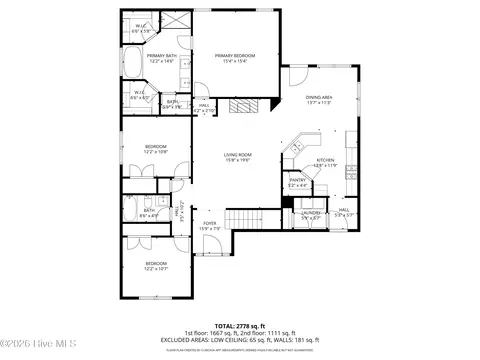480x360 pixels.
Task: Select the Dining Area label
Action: (319, 98)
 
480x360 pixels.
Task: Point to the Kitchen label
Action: (326, 162)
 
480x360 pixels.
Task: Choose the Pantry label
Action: (298, 182)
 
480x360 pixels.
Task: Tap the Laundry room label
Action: (311, 213)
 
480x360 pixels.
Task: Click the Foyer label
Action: (210, 225)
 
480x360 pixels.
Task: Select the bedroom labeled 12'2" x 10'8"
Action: (156, 149)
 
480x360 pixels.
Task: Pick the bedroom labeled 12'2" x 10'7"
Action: (156, 266)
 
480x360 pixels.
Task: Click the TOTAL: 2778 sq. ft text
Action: (240, 325)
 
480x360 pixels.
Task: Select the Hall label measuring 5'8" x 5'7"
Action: (342, 212)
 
